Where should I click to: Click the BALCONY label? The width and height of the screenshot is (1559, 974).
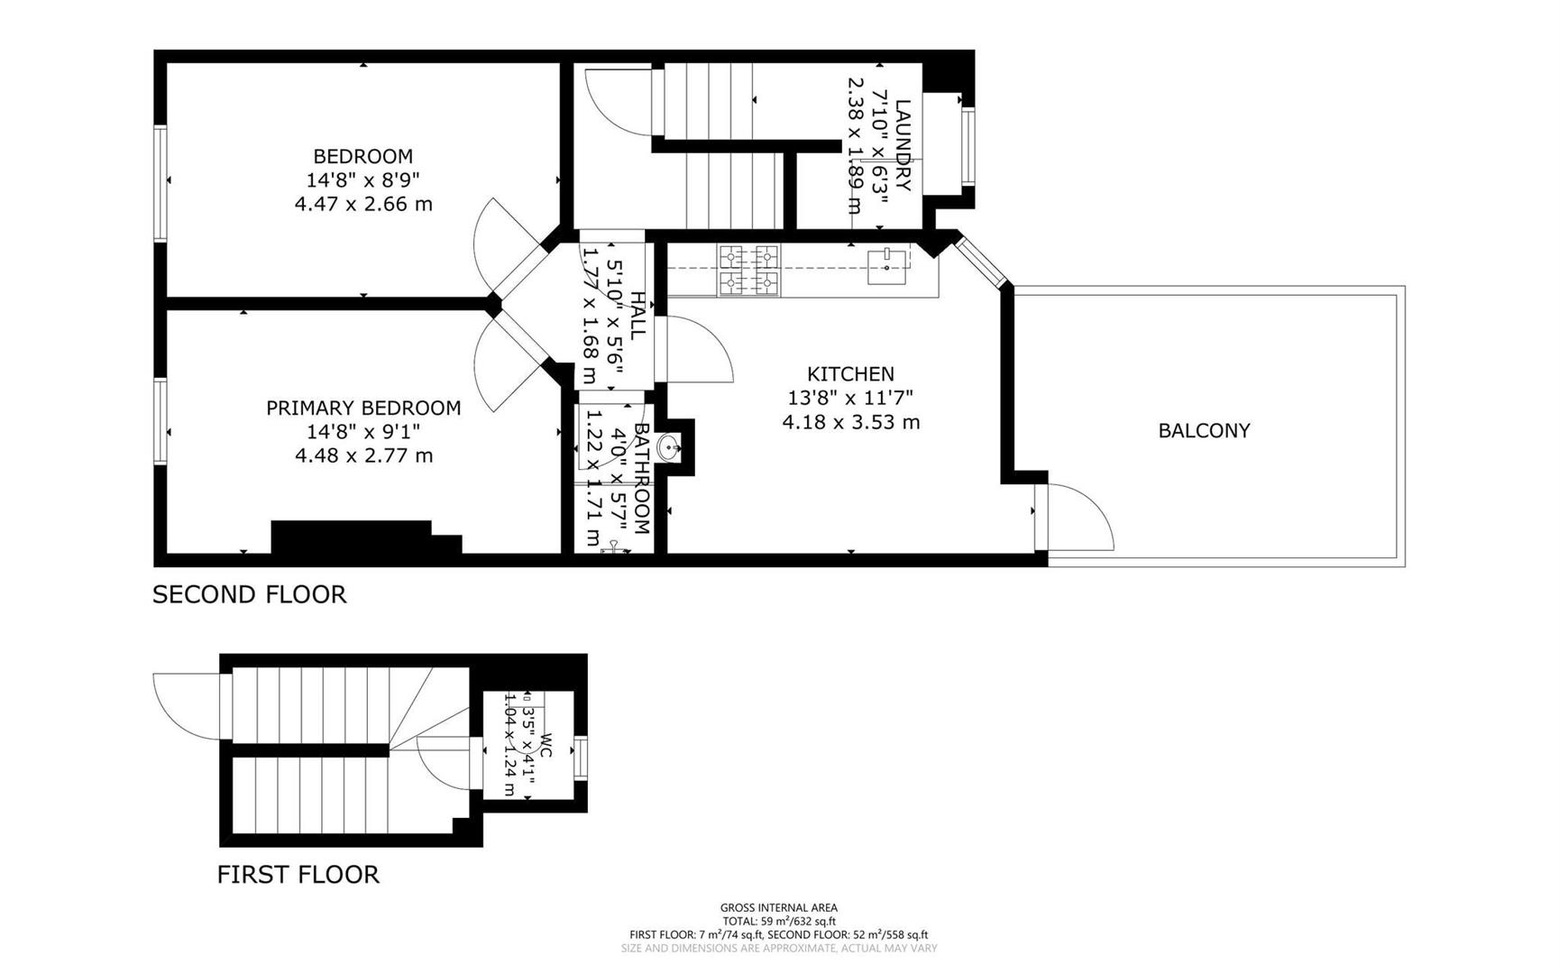coord(1204,431)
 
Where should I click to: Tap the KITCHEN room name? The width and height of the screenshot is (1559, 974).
coord(850,373)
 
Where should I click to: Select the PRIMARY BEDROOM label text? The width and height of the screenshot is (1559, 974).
coord(363,408)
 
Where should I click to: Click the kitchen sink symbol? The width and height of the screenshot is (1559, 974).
coord(887,265)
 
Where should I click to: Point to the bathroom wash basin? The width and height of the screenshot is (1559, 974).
coord(670,447)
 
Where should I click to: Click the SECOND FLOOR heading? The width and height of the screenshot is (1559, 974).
coord(249,594)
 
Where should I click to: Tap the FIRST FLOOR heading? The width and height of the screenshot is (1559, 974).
coord(298,874)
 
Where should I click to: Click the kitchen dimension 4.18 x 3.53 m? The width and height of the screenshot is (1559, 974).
coord(850,422)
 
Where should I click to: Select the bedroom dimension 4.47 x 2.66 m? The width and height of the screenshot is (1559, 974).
coord(363,204)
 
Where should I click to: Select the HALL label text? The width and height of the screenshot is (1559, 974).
coord(637,316)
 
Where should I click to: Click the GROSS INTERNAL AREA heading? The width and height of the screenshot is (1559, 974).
coord(778,907)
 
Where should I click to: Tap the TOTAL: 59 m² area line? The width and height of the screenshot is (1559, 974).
coord(778,921)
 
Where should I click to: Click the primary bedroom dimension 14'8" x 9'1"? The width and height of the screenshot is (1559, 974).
coord(363,432)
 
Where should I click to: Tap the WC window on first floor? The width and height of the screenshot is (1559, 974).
coord(581,758)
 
